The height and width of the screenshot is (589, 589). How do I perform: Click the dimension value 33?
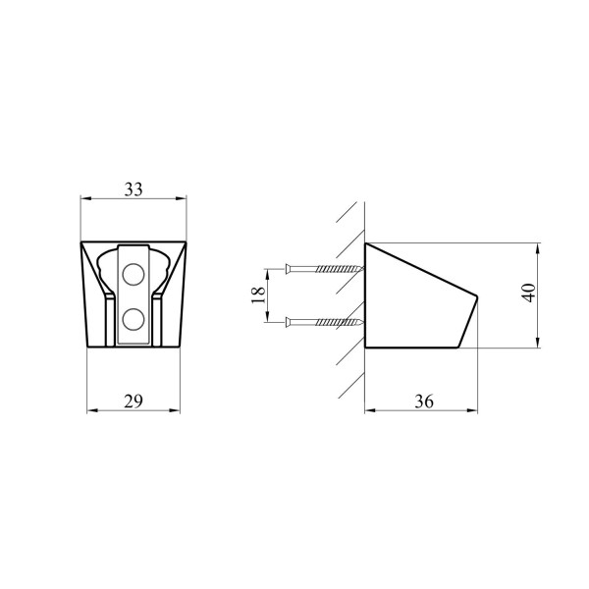134,189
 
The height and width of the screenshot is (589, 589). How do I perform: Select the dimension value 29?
134,402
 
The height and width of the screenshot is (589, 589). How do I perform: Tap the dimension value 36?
424,402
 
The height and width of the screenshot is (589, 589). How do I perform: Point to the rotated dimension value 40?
529,293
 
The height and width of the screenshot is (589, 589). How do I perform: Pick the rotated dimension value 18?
257,295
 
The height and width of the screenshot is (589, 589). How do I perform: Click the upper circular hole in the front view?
134,274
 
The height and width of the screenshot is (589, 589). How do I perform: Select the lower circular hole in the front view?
134,319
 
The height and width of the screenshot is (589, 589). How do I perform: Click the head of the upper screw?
288,269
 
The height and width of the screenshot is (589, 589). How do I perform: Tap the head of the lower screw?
288,322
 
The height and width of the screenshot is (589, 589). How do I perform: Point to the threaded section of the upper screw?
340,269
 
